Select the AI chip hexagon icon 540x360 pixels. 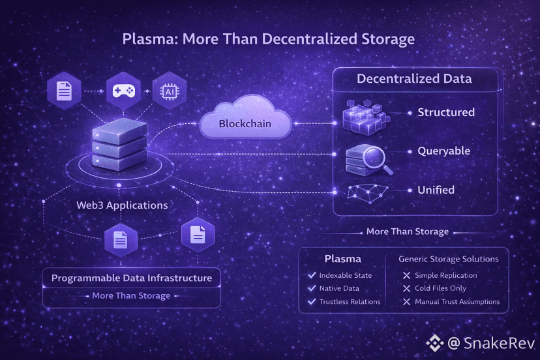(169, 91)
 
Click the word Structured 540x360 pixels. (446, 112)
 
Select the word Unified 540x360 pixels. (436, 190)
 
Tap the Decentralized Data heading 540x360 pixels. (414, 79)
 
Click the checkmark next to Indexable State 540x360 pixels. (312, 275)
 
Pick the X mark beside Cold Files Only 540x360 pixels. (407, 288)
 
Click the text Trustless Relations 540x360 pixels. (350, 301)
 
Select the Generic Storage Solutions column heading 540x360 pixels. (449, 259)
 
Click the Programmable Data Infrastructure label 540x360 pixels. (132, 278)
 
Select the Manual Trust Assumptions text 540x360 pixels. (457, 301)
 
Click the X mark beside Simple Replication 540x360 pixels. (407, 275)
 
